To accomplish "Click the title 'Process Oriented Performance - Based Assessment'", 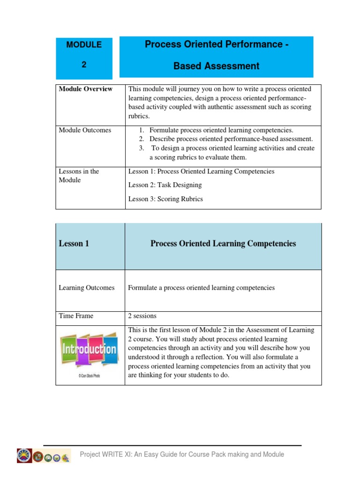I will tap(216, 55).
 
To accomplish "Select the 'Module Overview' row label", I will tap(85, 89).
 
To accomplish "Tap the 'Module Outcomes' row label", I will tap(85, 130).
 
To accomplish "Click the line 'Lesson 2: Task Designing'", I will tap(165, 185).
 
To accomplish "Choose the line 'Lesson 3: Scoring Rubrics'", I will tap(165, 199).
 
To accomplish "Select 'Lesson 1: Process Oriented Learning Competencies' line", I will tap(201, 172).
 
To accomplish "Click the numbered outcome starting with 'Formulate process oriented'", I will tap(221, 130).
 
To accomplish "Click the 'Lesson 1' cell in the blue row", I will tap(74, 244).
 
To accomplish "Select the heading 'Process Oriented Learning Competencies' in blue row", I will tap(223, 244).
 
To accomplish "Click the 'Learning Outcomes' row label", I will tap(86, 288).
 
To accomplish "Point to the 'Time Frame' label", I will tap(76, 316).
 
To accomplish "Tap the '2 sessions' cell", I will tap(142, 316).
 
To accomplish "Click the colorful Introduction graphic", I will tap(90, 350).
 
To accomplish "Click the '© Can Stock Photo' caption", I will tap(90, 375).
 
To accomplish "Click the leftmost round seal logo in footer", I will tap(24, 455).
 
